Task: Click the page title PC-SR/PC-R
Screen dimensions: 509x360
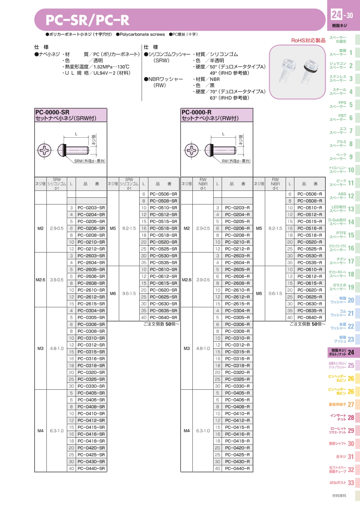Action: [87, 20]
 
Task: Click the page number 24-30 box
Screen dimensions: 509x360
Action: [342, 16]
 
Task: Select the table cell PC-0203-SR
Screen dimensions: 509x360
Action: [91, 208]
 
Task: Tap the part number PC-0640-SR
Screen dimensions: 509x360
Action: [163, 317]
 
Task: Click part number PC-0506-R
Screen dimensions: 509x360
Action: [310, 194]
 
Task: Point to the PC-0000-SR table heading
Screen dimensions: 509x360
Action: [70, 115]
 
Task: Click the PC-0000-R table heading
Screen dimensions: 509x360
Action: [217, 115]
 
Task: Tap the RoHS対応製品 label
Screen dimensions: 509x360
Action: [308, 40]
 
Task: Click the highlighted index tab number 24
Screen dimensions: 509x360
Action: [351, 353]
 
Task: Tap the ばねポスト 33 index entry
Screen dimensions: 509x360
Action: [342, 483]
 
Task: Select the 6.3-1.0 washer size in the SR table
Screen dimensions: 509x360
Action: [57, 431]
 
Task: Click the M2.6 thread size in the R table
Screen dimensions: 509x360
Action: [186, 280]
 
